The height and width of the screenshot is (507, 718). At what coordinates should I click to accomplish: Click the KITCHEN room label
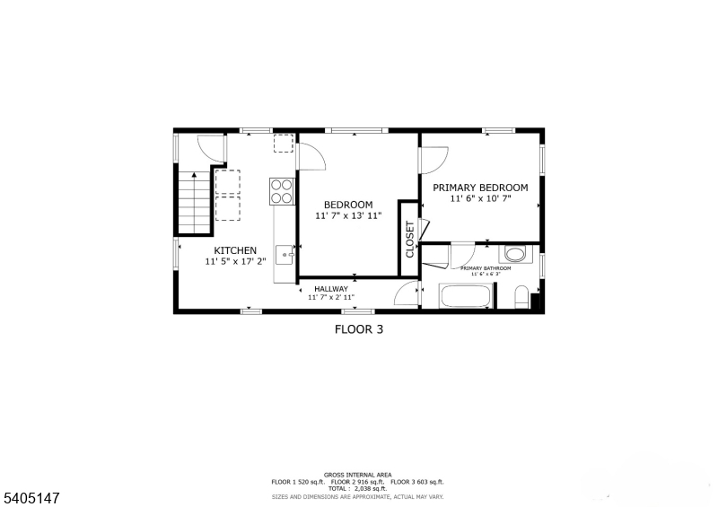pos(235,250)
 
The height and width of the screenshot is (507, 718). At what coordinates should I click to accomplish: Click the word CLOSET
pos(410,240)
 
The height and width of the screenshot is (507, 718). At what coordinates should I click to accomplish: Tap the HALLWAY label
pos(331,288)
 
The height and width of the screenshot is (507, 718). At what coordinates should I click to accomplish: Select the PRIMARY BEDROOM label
pos(480,188)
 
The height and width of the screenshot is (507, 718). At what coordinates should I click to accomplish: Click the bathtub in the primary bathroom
pos(467,297)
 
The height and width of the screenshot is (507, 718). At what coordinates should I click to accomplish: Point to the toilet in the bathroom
pos(521,297)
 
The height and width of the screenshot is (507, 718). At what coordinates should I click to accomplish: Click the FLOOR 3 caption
pos(359,329)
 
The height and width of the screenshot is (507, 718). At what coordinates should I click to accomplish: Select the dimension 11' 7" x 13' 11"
pos(348,216)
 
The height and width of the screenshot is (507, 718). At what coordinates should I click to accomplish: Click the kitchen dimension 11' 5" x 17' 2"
pos(235,262)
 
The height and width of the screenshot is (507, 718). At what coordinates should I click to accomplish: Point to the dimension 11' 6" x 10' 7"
pos(480,199)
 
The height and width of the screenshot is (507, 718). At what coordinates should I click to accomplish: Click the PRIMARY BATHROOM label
pos(486,268)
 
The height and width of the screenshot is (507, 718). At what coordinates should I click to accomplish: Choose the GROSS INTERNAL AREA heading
pos(357,475)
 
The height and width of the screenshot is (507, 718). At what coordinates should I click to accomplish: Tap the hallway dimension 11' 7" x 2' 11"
pos(331,297)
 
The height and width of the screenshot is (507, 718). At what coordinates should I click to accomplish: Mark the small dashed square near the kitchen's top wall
pos(284,144)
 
